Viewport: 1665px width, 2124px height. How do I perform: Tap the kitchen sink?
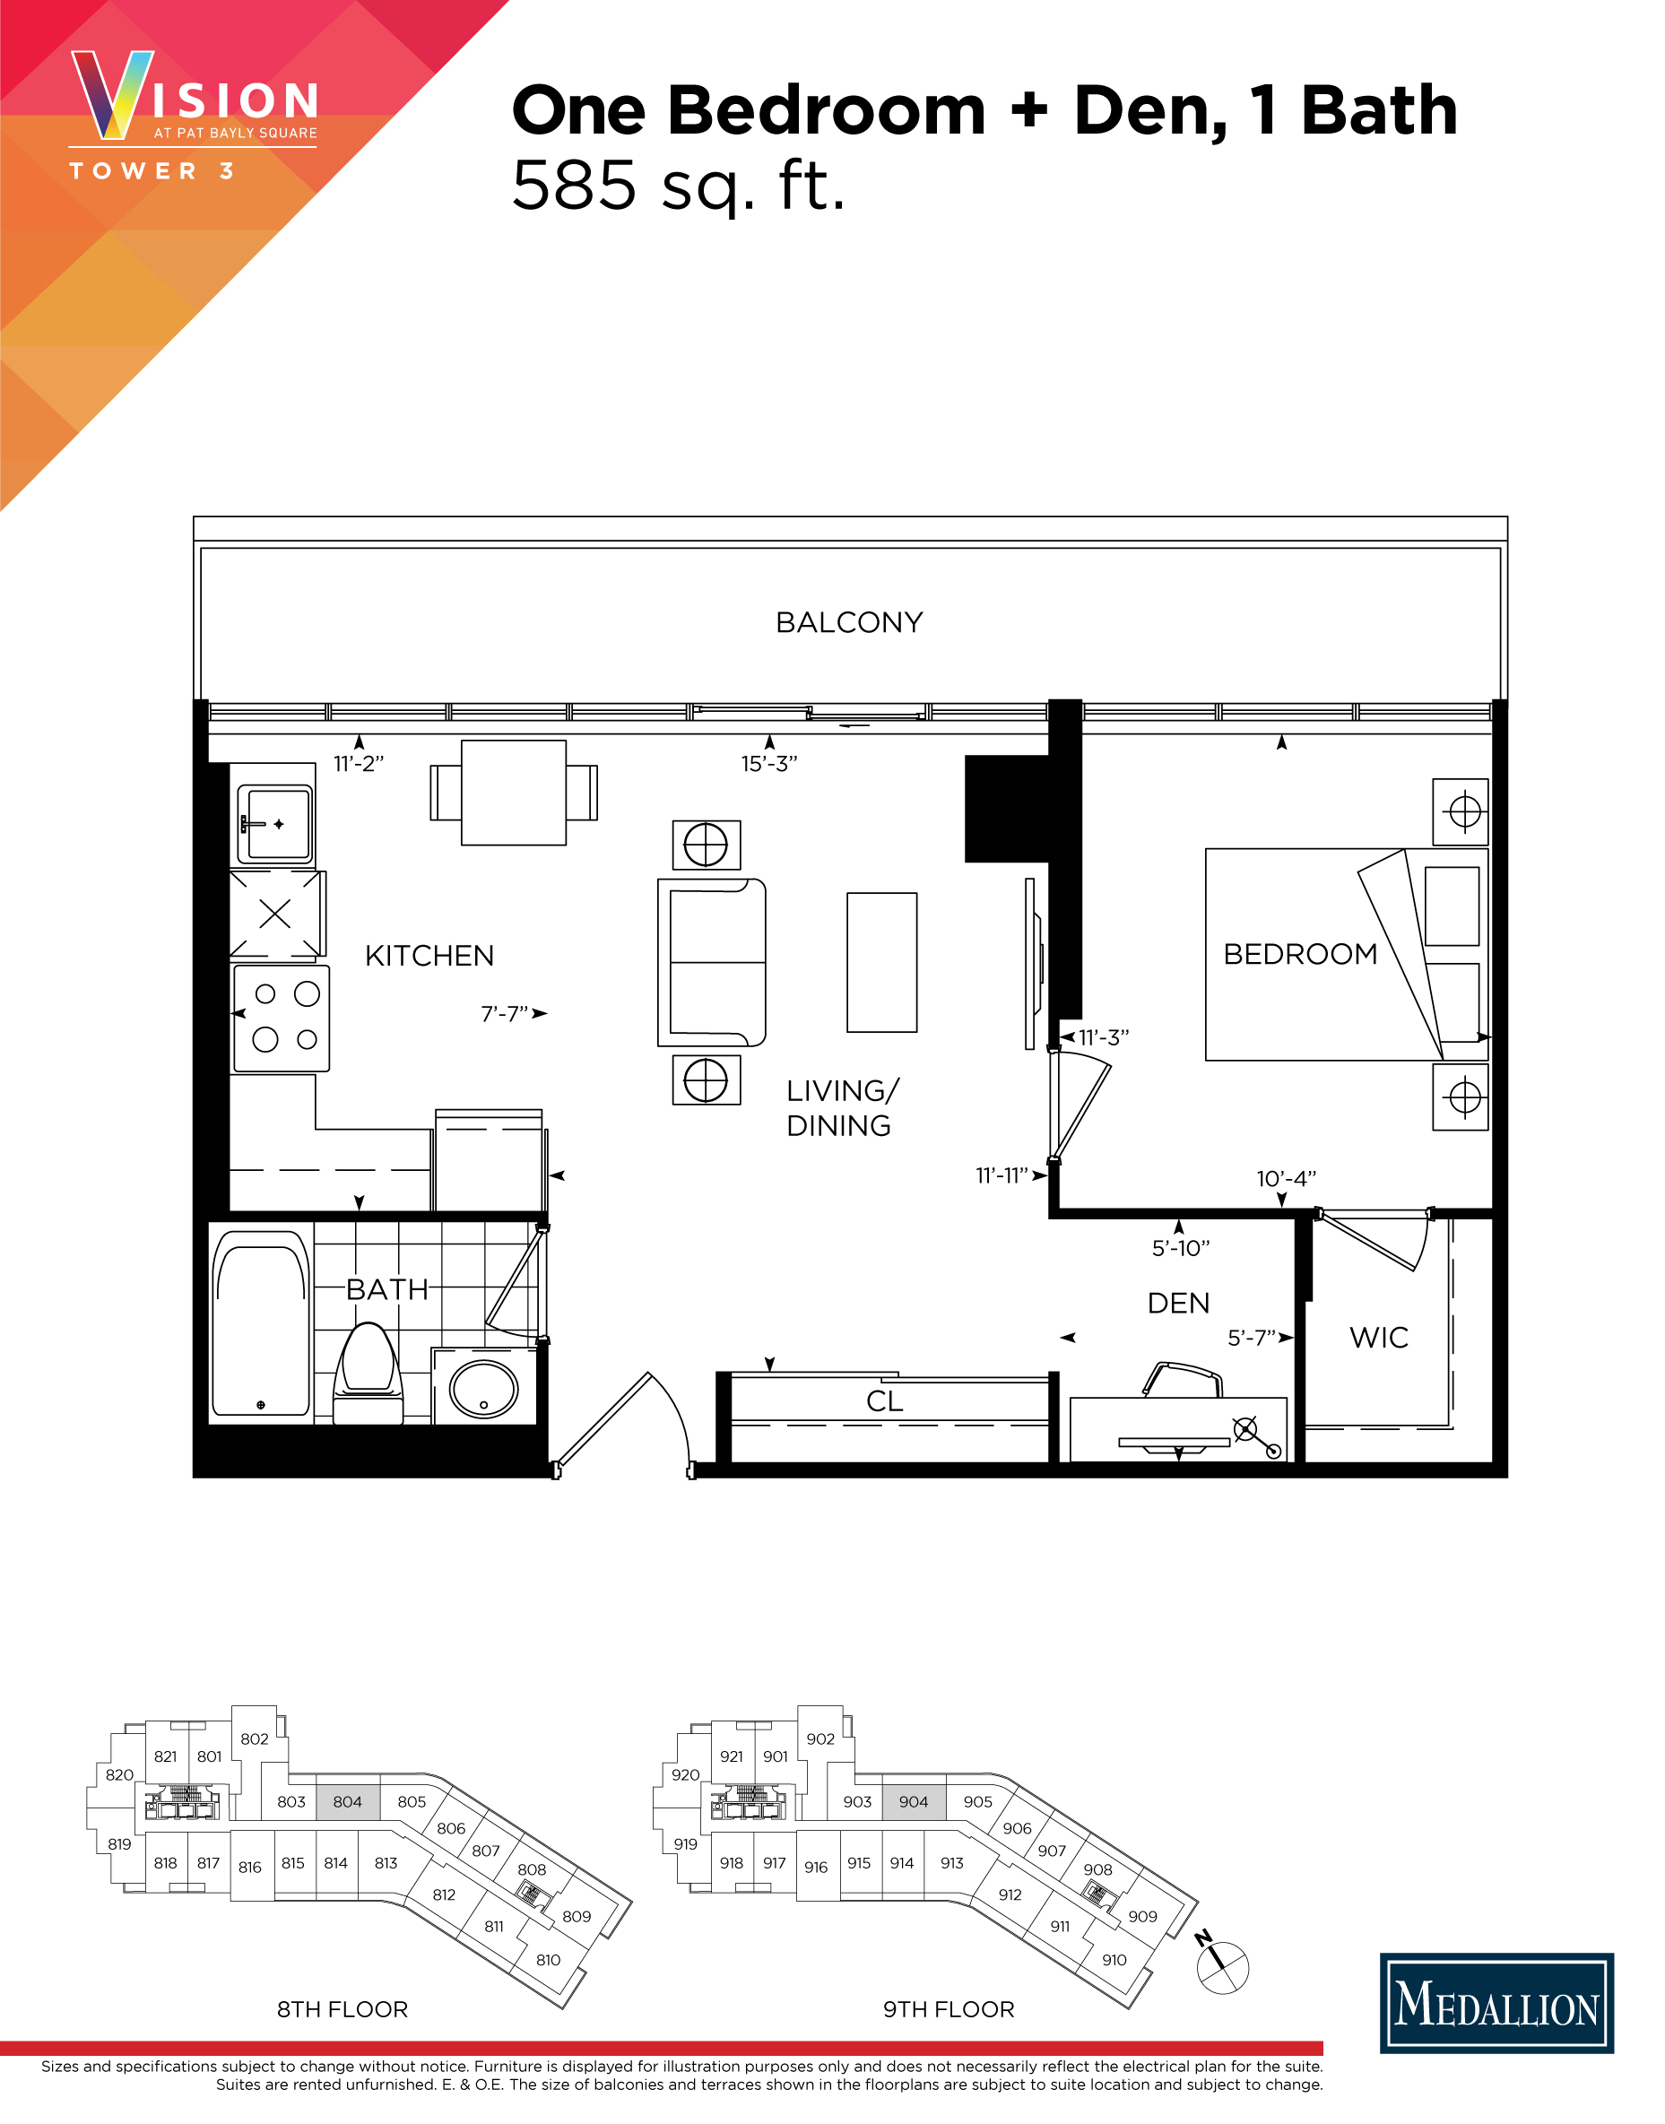pos(277,824)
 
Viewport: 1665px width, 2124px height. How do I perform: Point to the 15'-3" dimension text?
pos(768,764)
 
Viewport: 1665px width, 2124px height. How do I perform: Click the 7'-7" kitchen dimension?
pos(504,1015)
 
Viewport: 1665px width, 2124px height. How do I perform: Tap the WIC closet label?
pos(1378,1338)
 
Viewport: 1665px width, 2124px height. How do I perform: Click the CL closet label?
pos(884,1400)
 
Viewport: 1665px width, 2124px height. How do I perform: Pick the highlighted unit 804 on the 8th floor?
pos(347,1801)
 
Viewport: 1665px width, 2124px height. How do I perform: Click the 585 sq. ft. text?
pos(679,186)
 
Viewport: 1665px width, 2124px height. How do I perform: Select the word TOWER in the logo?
pos(134,171)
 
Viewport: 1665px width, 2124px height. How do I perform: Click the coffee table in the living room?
pos(881,962)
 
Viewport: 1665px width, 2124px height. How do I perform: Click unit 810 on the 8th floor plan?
pos(548,1959)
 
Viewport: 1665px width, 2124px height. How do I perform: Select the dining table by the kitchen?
pos(513,793)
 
